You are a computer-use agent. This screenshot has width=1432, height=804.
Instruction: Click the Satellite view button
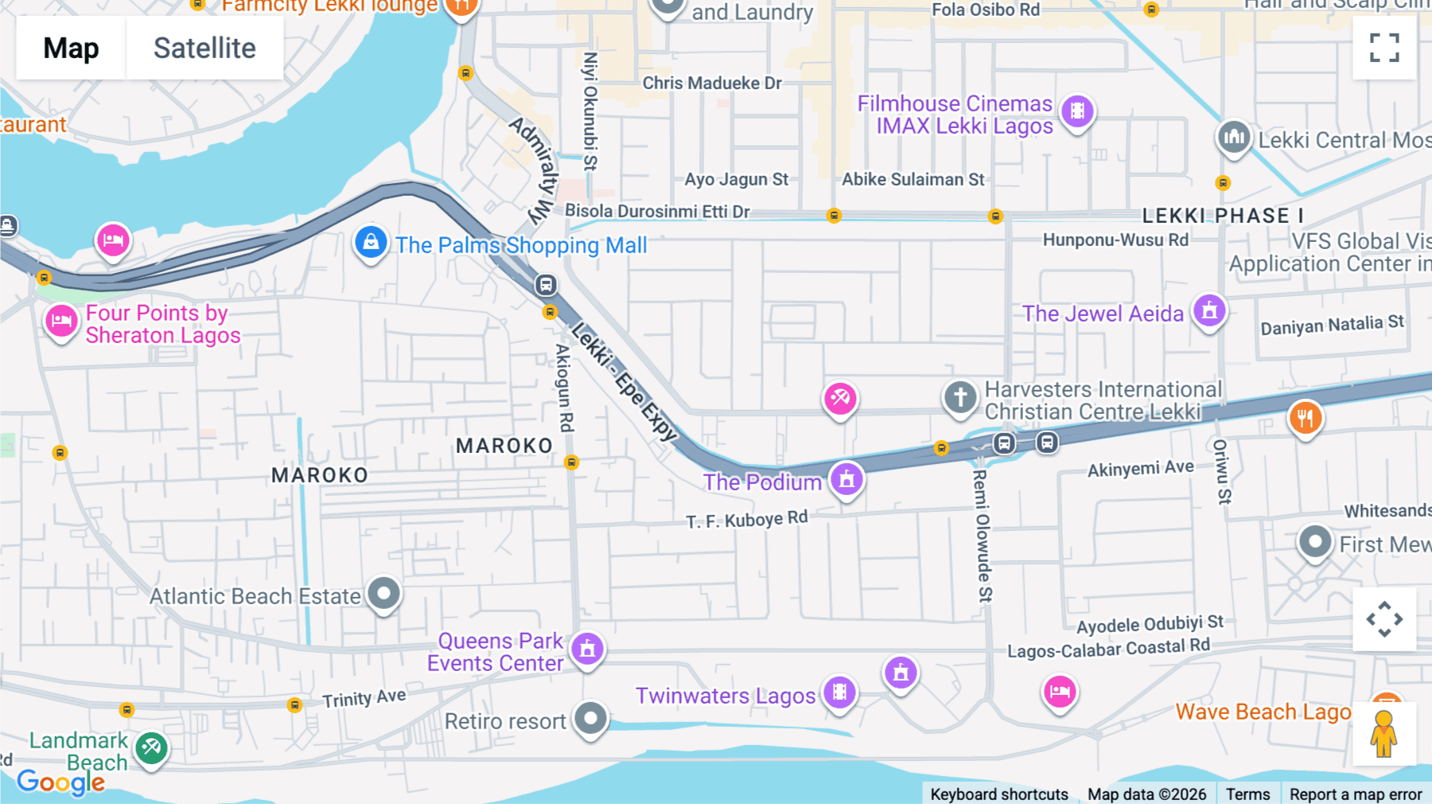[x=204, y=48]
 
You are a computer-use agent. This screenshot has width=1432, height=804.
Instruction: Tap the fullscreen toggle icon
[x=1384, y=48]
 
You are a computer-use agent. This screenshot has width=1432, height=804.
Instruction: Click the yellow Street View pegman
[x=1383, y=734]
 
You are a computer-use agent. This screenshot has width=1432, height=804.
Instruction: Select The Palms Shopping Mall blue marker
[x=371, y=243]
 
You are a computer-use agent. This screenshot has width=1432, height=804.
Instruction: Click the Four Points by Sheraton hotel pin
[x=61, y=322]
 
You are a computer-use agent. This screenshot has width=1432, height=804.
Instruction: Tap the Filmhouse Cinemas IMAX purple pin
[x=1077, y=111]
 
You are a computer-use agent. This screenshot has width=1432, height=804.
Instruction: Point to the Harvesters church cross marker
[x=960, y=396]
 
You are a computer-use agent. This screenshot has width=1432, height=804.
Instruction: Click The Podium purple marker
[x=846, y=479]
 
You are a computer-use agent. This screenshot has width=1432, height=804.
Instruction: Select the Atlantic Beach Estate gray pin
[x=384, y=594]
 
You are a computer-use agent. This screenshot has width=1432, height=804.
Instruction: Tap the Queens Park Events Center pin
[x=588, y=650]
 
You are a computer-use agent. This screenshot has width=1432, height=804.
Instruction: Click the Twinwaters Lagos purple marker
[x=839, y=693]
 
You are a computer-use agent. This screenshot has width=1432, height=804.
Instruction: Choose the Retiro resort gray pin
[x=590, y=720]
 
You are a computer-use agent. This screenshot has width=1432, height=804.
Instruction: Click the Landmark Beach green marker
[x=151, y=747]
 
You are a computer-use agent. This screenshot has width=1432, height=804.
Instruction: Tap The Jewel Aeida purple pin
[x=1209, y=311]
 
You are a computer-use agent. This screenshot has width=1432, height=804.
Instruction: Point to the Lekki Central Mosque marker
[x=1234, y=138]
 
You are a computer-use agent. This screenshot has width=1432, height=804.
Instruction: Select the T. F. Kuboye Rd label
[x=747, y=520]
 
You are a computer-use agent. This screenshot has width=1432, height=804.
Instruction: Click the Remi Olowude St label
[x=983, y=535]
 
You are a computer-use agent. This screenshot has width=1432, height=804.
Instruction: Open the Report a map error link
[x=1356, y=794]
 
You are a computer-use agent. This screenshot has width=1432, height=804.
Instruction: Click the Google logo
[x=61, y=782]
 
